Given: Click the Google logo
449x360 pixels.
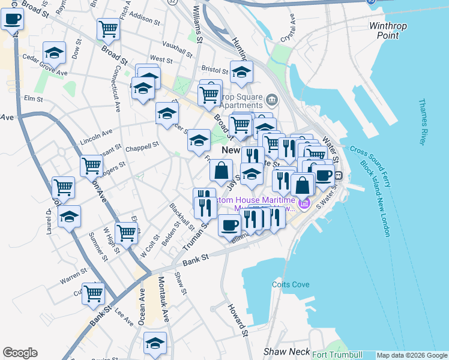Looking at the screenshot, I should (x=20, y=353).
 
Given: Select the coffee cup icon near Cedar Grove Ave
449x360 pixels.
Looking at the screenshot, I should (x=11, y=19).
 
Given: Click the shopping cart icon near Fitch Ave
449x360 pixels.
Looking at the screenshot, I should (x=108, y=28).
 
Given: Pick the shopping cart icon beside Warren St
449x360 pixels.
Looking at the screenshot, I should (x=93, y=293).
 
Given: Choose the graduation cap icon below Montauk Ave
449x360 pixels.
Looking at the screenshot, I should (x=155, y=344).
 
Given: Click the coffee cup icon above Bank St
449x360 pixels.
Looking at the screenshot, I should (x=228, y=226).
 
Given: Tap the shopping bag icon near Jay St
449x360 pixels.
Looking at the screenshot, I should (x=221, y=170).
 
